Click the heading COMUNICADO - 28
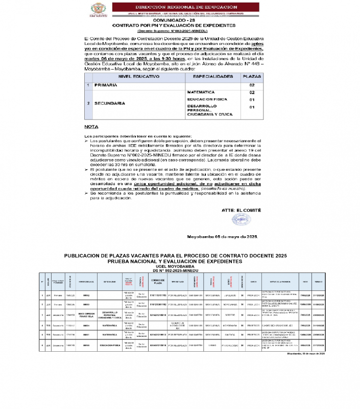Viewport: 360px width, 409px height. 181,20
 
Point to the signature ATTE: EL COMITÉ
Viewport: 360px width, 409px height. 242,210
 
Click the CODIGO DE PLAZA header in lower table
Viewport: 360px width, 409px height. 158,281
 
